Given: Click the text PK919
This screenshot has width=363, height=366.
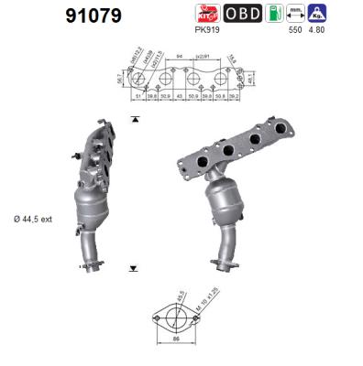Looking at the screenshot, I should pos(206,29).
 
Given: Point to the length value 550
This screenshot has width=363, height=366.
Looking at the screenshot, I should pos(295,29).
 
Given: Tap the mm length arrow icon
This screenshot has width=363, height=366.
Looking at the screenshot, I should pos(295,14).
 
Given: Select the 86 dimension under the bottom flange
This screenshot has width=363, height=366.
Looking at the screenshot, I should pos(175,340).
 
